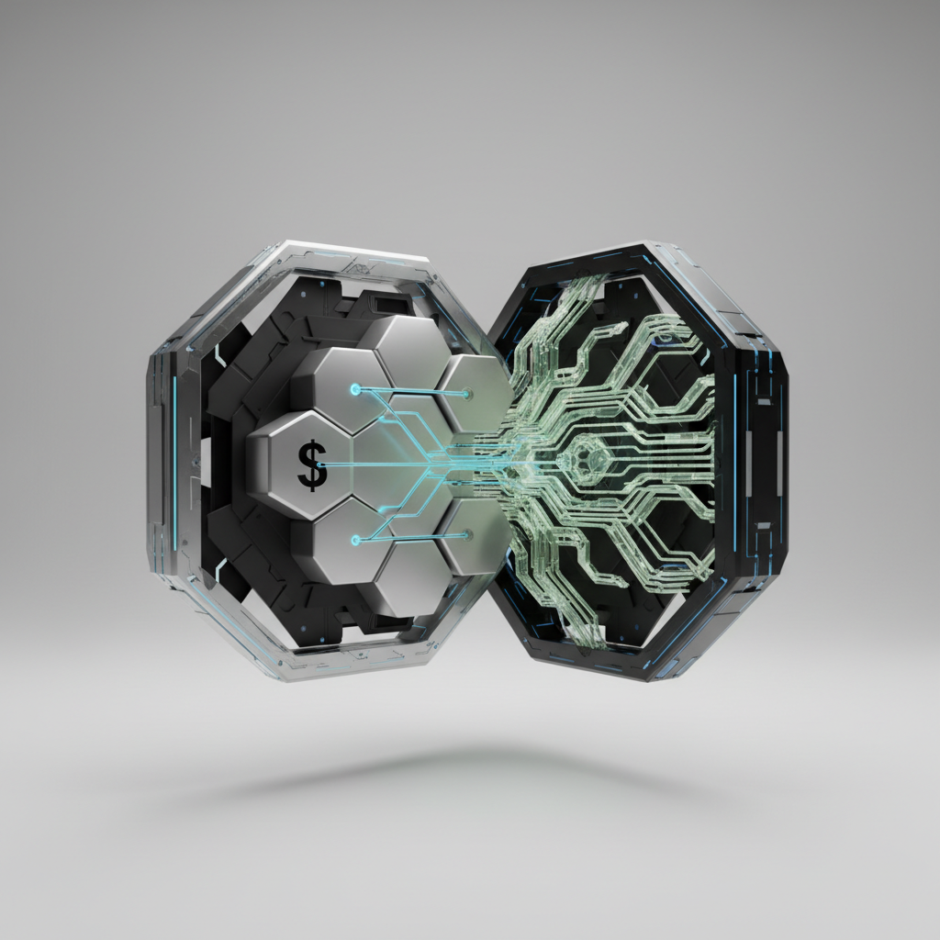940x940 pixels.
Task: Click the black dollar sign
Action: coord(312,465)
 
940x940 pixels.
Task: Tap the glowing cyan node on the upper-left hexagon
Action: coord(355,389)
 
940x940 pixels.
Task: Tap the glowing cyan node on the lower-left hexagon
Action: coord(355,540)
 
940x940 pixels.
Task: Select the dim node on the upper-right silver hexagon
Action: coord(465,394)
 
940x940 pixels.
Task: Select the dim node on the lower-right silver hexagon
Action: coord(465,533)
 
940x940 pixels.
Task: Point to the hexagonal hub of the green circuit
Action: coord(586,461)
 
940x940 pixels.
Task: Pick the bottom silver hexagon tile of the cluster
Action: coord(414,576)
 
